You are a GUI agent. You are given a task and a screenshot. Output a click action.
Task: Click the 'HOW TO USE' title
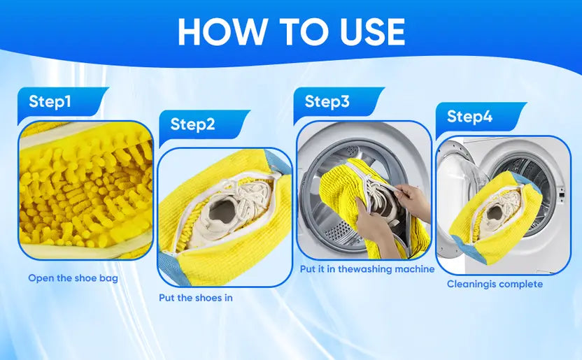pyautogui.click(x=291, y=31)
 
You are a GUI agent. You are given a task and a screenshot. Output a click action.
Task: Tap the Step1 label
pyautogui.click(x=50, y=102)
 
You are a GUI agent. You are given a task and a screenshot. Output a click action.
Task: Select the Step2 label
pyautogui.click(x=193, y=125)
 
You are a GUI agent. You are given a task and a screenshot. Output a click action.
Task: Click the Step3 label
pyautogui.click(x=327, y=102)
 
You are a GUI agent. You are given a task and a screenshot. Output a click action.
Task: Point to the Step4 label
pyautogui.click(x=469, y=117)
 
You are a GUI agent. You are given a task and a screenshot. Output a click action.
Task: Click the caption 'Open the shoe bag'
pyautogui.click(x=73, y=278)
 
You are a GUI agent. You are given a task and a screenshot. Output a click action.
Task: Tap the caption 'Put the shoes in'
pyautogui.click(x=196, y=298)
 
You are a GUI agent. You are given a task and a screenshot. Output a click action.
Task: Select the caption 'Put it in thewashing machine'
pyautogui.click(x=367, y=269)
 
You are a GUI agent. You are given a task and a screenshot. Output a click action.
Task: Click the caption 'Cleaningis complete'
pyautogui.click(x=495, y=285)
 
